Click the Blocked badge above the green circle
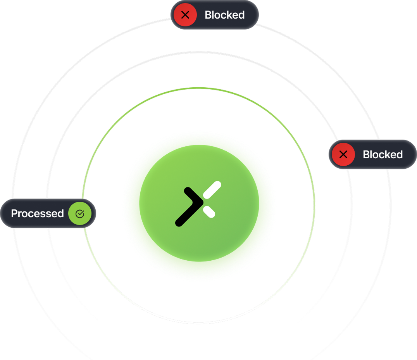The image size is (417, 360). [x=215, y=15]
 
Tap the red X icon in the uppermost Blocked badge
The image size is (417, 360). [x=185, y=15]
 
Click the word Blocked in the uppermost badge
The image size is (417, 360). [x=224, y=15]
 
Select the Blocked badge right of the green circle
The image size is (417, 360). [x=373, y=154]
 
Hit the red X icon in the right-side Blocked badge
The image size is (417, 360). [x=343, y=154]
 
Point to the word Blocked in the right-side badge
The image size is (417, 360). [x=383, y=154]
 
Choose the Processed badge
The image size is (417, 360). [x=48, y=213]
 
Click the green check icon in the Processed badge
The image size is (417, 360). [x=80, y=213]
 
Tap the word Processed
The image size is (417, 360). [x=37, y=213]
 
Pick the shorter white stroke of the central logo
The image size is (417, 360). [x=209, y=211]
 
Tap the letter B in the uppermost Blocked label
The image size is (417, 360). [x=208, y=15]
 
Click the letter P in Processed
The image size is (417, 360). [x=14, y=213]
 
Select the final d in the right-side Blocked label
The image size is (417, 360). [x=400, y=154]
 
